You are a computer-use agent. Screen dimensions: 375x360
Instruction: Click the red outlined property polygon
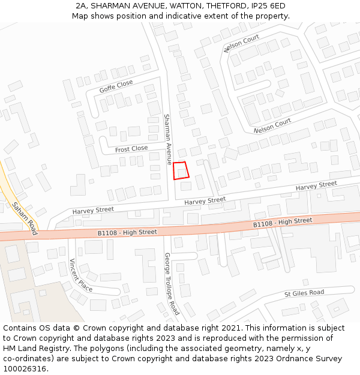coord(181,170)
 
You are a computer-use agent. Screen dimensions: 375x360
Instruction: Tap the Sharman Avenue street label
coord(168,139)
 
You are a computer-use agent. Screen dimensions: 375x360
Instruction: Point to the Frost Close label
coord(131,149)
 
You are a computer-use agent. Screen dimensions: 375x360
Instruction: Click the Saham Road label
coord(25,218)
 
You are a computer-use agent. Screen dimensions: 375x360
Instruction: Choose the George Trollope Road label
coord(172,284)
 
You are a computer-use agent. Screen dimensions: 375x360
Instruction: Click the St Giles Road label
coord(304,293)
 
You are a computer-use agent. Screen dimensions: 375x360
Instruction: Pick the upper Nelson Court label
coord(242,43)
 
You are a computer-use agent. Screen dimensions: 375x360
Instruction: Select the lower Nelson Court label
coord(272,125)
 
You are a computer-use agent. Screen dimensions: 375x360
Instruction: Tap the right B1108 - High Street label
coord(283,223)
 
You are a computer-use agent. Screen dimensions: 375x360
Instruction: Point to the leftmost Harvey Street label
coord(93,210)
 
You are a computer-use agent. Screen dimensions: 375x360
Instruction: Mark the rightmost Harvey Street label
coord(316,187)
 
